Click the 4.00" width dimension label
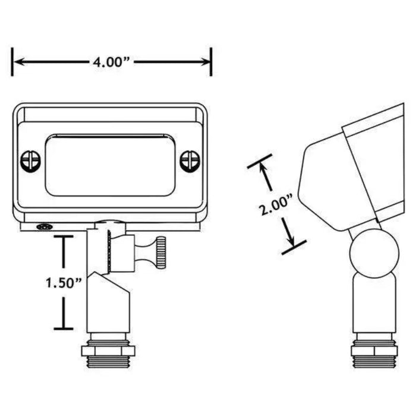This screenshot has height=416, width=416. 111,62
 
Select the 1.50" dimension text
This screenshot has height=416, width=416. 64,283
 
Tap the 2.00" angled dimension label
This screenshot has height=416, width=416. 276,205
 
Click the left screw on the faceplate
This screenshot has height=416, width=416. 30,162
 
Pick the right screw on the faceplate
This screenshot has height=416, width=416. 190,161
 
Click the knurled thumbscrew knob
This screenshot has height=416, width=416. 160,253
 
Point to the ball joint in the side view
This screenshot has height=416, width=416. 374,253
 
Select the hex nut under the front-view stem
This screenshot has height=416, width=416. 108,351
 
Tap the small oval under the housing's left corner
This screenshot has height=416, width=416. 45,227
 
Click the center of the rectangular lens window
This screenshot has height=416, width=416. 110,165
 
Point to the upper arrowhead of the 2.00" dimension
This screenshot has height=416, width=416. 263,168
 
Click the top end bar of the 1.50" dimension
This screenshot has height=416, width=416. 64,236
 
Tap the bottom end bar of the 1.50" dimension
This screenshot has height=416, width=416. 64,329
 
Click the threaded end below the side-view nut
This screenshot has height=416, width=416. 374,362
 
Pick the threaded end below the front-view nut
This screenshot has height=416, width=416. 108,363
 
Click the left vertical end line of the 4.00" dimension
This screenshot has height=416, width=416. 12,62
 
